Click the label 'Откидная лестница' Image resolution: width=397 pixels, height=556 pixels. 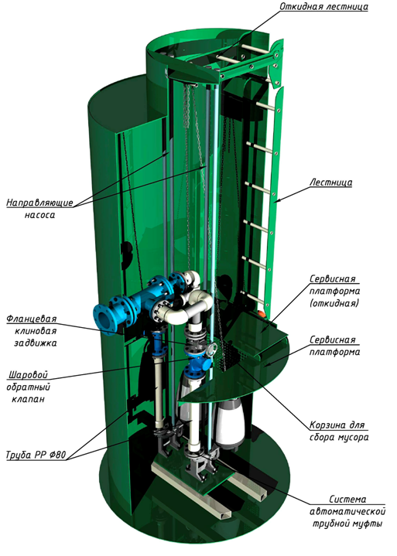click(x=323, y=7)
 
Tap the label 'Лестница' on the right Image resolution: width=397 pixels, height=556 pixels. click(x=331, y=182)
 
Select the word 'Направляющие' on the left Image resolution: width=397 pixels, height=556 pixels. click(x=39, y=203)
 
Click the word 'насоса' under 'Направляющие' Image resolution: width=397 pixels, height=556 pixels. click(x=39, y=215)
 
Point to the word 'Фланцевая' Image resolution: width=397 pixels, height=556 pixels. click(x=32, y=319)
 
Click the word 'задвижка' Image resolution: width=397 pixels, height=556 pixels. click(x=35, y=343)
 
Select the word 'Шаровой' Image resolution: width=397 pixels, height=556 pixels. click(x=28, y=375)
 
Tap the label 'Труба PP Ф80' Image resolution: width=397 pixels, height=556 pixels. click(x=36, y=455)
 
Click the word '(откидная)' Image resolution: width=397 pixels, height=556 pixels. click(x=334, y=304)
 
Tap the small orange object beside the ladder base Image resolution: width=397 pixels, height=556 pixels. click(x=261, y=313)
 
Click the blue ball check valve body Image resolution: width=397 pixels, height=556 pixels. click(x=197, y=363)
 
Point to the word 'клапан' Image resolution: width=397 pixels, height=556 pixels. click(x=28, y=399)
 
